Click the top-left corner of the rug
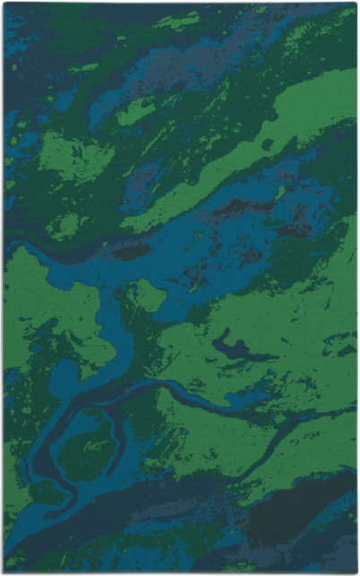[4, 3]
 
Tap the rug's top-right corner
[356, 3]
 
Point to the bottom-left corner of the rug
[4, 572]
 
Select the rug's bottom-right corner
[356, 572]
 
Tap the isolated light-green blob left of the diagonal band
[134, 112]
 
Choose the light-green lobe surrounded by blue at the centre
[148, 296]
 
